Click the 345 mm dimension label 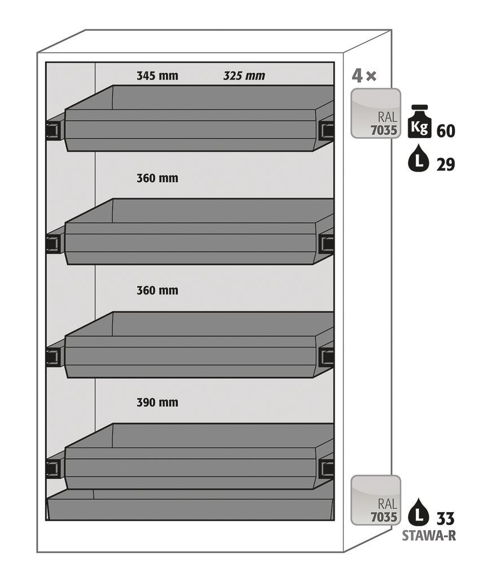tap(157, 76)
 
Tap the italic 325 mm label tap(244, 76)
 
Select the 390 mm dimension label tap(157, 402)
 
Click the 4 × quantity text tap(364, 76)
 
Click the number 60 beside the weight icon tap(445, 131)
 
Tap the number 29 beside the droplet tap(445, 164)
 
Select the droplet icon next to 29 tap(418, 161)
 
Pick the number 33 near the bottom tap(445, 518)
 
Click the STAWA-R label tap(428, 536)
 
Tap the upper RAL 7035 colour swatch tap(376, 113)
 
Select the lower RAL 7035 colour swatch tap(376, 500)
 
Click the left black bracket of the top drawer tap(53, 130)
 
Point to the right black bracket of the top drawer tap(326, 130)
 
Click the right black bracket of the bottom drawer tap(326, 468)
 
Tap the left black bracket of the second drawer tap(53, 244)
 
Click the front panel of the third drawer tap(191, 356)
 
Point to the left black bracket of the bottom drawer tap(53, 468)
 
